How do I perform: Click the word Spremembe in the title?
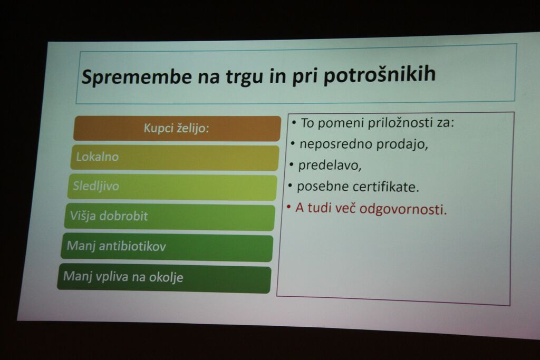point(137,76)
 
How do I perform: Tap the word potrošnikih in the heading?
point(380,75)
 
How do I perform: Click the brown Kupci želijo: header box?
point(177,129)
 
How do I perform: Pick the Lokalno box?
point(175,158)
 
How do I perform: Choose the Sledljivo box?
point(172,187)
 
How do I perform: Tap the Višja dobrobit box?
point(169,217)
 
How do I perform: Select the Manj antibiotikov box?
point(167,248)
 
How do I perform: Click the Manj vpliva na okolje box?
point(165,278)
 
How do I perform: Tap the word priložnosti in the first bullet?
point(401,123)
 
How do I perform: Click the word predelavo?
point(330,166)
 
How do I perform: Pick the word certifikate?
point(385,187)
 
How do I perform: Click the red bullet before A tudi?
point(288,207)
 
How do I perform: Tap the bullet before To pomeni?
point(294,122)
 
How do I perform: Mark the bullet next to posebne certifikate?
point(290,186)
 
